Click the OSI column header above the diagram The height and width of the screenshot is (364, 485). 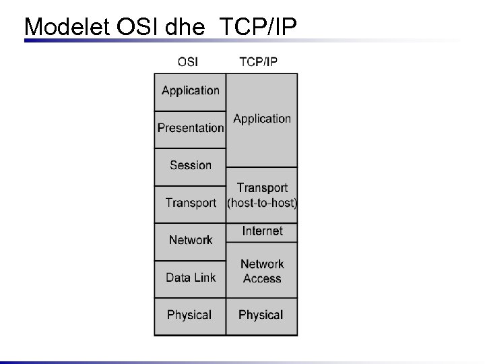(x=188, y=62)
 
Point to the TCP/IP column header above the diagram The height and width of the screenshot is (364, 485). (x=259, y=62)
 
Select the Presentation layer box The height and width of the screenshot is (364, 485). (x=191, y=128)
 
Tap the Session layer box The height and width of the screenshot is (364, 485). (x=191, y=165)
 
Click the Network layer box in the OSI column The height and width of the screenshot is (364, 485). (x=191, y=240)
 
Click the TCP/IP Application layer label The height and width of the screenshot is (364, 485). (x=262, y=119)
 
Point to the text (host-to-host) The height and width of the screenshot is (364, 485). (x=262, y=202)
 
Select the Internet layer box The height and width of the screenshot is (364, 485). (x=262, y=231)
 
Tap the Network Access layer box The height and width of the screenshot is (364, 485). (x=262, y=271)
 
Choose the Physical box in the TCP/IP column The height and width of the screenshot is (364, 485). (x=261, y=315)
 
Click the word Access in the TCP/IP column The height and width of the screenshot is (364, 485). (x=262, y=278)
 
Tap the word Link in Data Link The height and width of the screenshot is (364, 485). (x=204, y=277)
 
